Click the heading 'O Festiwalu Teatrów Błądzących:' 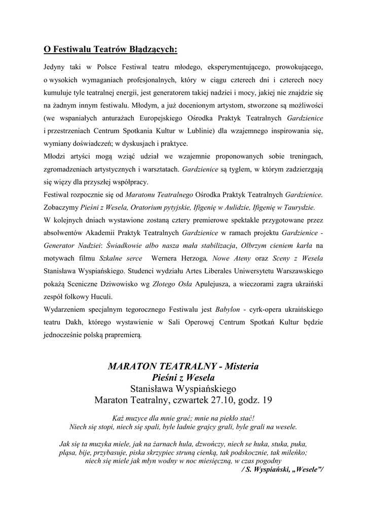pos(110,50)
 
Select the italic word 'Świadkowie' pos(125,246)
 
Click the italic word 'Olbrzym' pos(256,246)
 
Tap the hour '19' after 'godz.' pos(267,400)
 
